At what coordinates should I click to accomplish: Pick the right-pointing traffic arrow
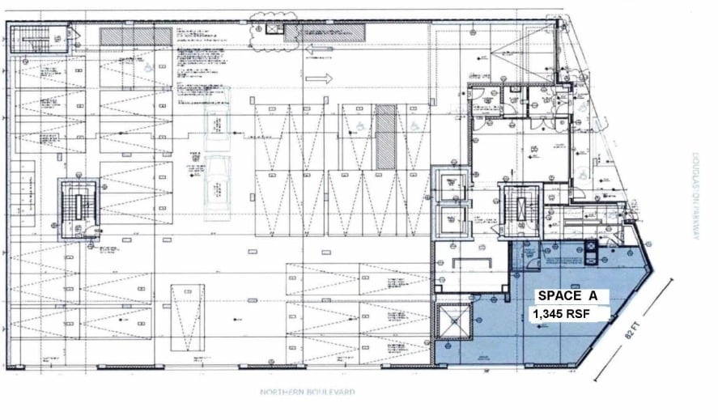pos(319,79)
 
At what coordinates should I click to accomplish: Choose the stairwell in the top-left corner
pos(36,36)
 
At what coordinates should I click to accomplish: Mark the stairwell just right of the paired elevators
pos(519,211)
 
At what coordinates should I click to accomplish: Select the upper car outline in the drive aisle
pos(217,130)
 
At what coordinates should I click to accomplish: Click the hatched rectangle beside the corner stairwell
pos(136,37)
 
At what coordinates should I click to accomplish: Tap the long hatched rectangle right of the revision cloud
pos(325,33)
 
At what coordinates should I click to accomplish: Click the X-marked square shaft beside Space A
pos(455,322)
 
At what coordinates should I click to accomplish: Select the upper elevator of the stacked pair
pos(449,182)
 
